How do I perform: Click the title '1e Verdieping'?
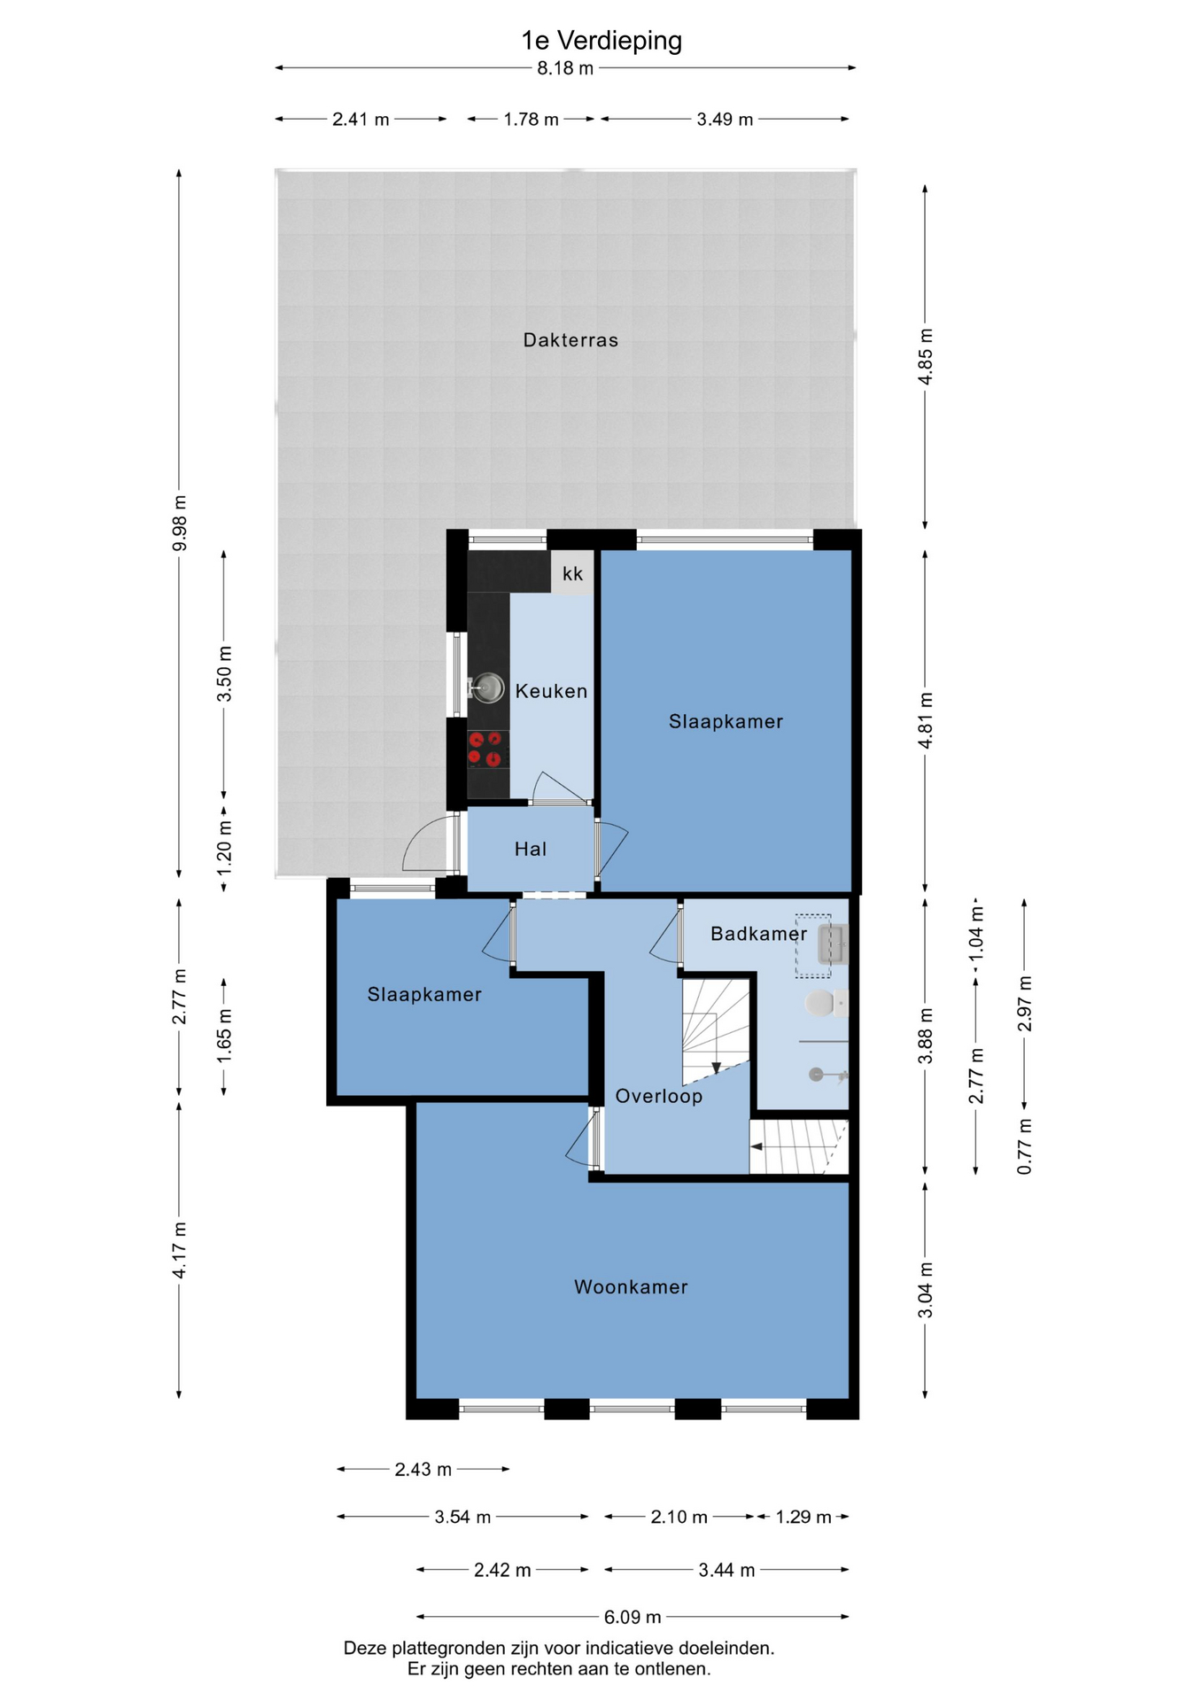[601, 41]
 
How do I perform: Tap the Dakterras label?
[570, 340]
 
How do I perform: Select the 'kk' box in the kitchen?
[572, 573]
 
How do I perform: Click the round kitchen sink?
[486, 687]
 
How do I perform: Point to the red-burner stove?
[488, 750]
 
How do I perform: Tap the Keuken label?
[551, 691]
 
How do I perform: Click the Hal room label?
[531, 850]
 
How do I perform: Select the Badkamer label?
[758, 934]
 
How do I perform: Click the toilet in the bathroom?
[825, 1004]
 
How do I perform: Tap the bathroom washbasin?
[833, 944]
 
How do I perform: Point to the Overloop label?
[659, 1097]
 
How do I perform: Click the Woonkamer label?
[631, 1287]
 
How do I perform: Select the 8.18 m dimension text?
[565, 68]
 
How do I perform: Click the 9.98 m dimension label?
[179, 522]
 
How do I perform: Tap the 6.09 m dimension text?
[633, 1617]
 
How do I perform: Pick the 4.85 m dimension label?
[925, 356]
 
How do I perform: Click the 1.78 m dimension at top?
[531, 120]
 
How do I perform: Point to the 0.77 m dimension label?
[1024, 1146]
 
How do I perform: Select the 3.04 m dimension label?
[925, 1290]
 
